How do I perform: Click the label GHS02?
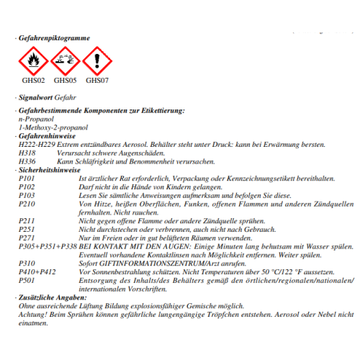34,80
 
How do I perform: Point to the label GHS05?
66,80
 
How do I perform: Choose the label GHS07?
96,80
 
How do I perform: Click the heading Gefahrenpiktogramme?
55,37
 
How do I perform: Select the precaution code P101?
27,178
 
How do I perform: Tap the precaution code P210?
27,202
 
